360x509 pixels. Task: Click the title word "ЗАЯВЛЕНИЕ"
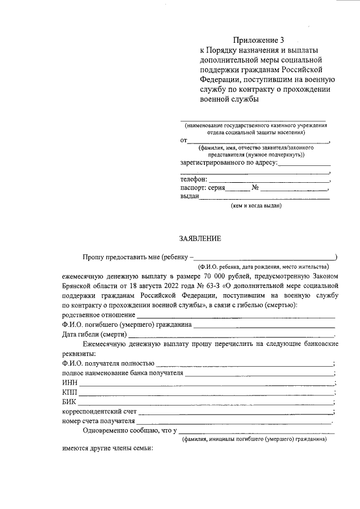200,238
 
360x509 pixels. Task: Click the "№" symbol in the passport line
255,188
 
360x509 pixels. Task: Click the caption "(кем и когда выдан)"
256,206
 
